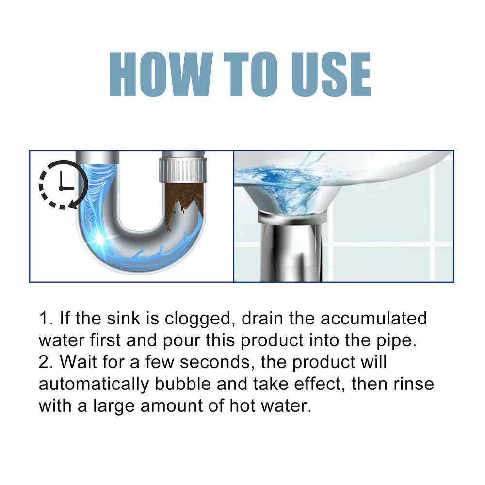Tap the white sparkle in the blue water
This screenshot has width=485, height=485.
[103, 239]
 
